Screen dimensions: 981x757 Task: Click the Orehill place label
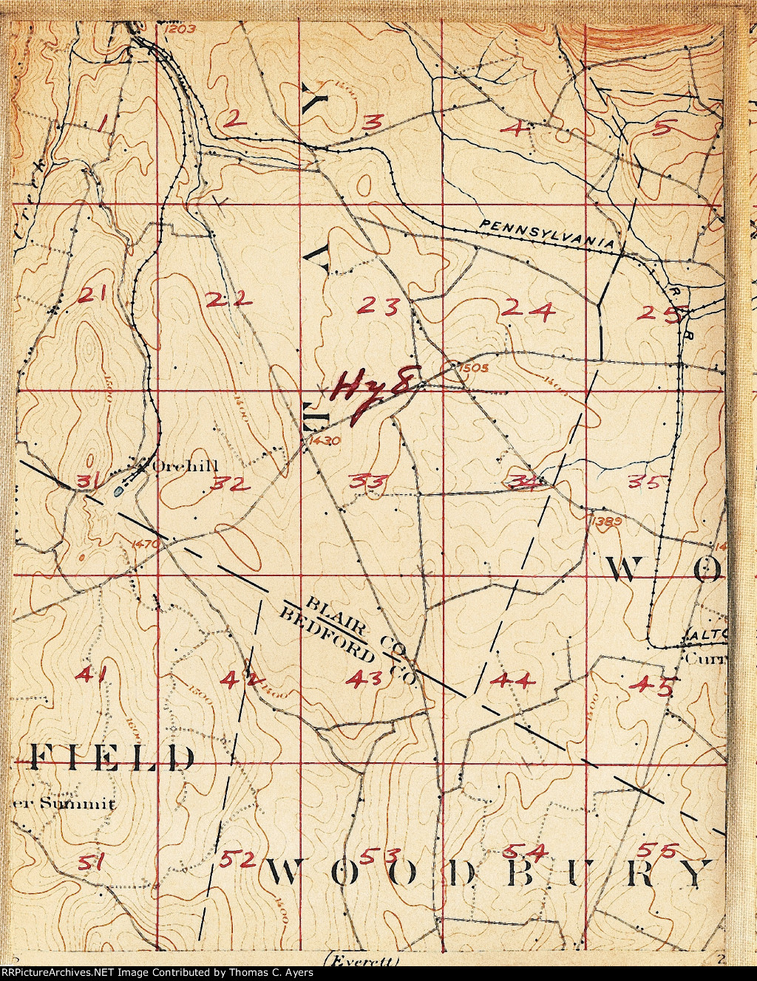pyautogui.click(x=177, y=466)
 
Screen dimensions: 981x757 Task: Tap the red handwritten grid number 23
pyautogui.click(x=381, y=304)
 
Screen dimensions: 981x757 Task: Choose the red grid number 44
pyautogui.click(x=512, y=680)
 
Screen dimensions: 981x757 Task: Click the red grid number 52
pyautogui.click(x=237, y=859)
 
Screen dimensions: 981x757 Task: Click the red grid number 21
pyautogui.click(x=95, y=295)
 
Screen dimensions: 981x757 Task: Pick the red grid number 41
pyautogui.click(x=94, y=674)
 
